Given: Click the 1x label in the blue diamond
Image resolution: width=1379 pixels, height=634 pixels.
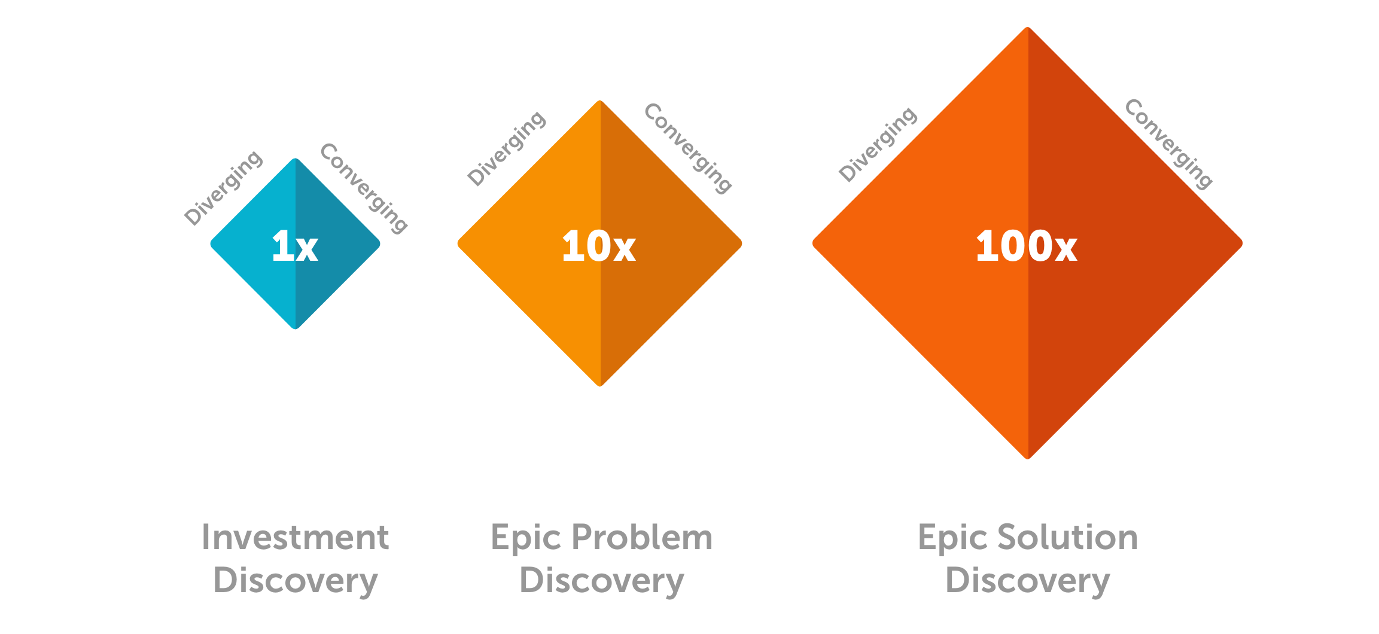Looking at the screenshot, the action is coord(294,246).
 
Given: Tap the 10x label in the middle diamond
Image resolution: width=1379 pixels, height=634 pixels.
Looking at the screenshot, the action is coord(598,246).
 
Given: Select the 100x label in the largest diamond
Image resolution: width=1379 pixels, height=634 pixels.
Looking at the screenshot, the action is coord(1026,246).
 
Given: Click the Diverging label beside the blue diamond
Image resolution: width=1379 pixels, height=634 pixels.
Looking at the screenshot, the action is coord(223,188).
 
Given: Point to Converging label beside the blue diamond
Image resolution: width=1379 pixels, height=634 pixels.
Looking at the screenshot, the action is coord(364,188).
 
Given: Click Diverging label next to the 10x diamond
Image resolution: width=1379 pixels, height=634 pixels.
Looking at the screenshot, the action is coord(507,148).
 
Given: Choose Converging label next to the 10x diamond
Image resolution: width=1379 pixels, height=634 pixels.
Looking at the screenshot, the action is coord(688,148).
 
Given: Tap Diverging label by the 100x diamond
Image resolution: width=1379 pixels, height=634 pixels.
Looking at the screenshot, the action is coord(878,144).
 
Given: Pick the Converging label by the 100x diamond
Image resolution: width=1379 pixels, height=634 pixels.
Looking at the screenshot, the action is coord(1168,144).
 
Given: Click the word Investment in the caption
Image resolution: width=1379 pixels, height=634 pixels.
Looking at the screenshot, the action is coord(296,537).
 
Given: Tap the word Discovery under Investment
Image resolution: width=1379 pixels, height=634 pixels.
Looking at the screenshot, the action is coord(296,580).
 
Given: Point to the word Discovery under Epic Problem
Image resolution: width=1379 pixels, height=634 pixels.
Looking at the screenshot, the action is coord(601,580).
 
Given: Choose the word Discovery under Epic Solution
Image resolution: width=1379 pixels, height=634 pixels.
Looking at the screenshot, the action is coord(1027,580).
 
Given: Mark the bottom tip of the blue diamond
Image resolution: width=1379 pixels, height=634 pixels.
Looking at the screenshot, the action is coord(296,327).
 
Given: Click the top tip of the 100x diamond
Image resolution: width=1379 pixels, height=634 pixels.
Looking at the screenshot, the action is coord(1028,29).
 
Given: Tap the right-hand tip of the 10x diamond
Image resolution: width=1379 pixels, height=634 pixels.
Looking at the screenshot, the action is coord(740,243).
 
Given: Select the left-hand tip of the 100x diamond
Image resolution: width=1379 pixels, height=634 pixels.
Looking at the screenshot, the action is coord(814,243).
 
